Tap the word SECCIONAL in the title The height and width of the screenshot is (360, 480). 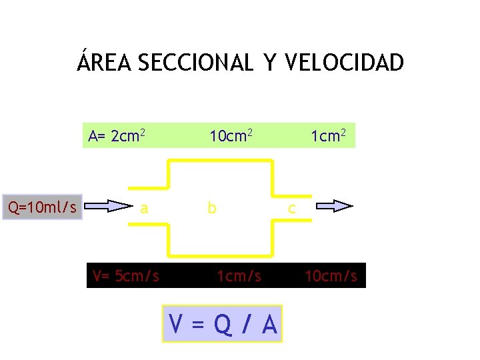[x=195, y=63]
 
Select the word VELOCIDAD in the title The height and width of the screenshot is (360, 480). [x=344, y=63]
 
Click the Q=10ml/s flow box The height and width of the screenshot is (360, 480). [x=42, y=207]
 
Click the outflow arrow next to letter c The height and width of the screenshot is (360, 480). [x=334, y=206]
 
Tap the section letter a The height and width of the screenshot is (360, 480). [x=144, y=208]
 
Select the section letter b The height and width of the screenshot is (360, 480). [x=211, y=208]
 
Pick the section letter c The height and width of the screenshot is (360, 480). [x=291, y=209]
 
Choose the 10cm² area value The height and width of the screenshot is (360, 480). [x=231, y=136]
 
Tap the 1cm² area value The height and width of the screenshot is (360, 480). [x=328, y=136]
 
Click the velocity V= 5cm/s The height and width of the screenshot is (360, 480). [x=126, y=275]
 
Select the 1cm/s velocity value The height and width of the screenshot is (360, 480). [x=239, y=275]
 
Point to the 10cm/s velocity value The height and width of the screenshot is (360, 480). [x=331, y=275]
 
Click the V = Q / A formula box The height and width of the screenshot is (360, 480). [x=222, y=324]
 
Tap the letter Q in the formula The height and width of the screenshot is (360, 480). [x=223, y=325]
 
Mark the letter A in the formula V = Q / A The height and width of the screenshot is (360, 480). [x=269, y=325]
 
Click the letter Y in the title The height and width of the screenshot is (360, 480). [x=269, y=63]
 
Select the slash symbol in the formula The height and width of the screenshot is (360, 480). [x=247, y=325]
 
